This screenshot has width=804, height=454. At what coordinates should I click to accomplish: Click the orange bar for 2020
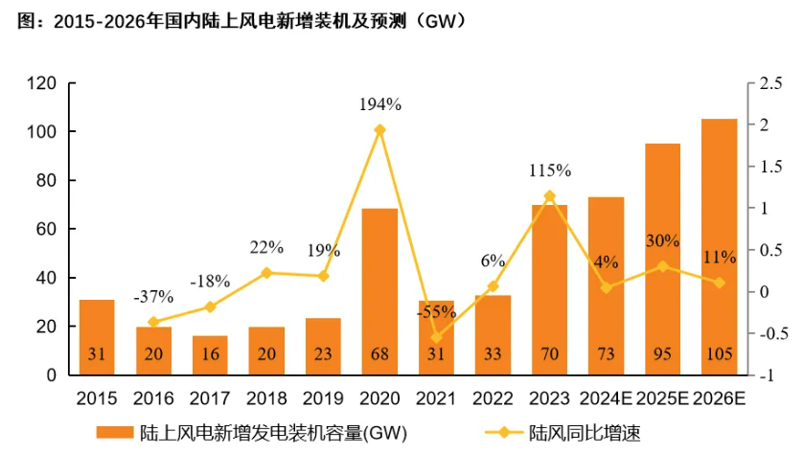pos(379,287)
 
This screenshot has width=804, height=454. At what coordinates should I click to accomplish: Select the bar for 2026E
pos(720,239)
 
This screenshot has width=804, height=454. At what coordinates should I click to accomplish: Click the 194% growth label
pos(380,103)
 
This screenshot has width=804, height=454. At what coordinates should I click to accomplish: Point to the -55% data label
pos(436,311)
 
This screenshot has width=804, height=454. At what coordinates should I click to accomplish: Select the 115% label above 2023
pos(550,170)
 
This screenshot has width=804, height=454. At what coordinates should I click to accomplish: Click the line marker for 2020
pos(379,129)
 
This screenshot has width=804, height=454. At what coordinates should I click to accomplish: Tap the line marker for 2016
pos(153,322)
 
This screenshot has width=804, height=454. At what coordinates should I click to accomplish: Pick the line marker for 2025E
pos(662,266)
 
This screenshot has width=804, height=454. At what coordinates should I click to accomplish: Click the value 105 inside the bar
pos(720,354)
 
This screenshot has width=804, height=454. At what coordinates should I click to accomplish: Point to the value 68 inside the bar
pos(379,354)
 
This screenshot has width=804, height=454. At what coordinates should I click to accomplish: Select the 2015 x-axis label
pos(96,396)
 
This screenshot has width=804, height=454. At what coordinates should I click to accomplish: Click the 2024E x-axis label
pos(606,396)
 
